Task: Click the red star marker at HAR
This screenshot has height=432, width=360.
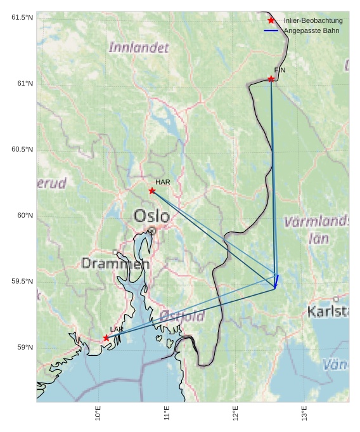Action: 152,191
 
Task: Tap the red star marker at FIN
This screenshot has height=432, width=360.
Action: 271,79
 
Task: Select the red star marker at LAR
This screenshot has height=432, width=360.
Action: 106,338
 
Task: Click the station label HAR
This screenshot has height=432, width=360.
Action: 163,182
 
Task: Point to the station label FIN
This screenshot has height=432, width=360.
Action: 280,70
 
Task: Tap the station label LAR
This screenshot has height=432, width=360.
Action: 117,329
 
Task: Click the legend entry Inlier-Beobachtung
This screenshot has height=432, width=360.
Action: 312,21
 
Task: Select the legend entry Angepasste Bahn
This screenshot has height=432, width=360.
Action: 311,30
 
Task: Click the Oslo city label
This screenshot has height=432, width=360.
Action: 151,216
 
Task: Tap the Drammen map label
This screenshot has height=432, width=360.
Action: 115,263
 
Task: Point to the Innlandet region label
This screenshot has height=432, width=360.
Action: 139,48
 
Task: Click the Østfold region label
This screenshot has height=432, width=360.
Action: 182,315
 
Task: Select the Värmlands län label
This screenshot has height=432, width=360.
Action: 318,230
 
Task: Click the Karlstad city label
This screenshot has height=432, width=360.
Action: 328,311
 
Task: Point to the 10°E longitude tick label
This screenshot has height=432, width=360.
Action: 98,414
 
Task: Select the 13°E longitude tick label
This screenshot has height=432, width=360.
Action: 304,414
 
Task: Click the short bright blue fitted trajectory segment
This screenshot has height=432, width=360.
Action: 277,282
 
